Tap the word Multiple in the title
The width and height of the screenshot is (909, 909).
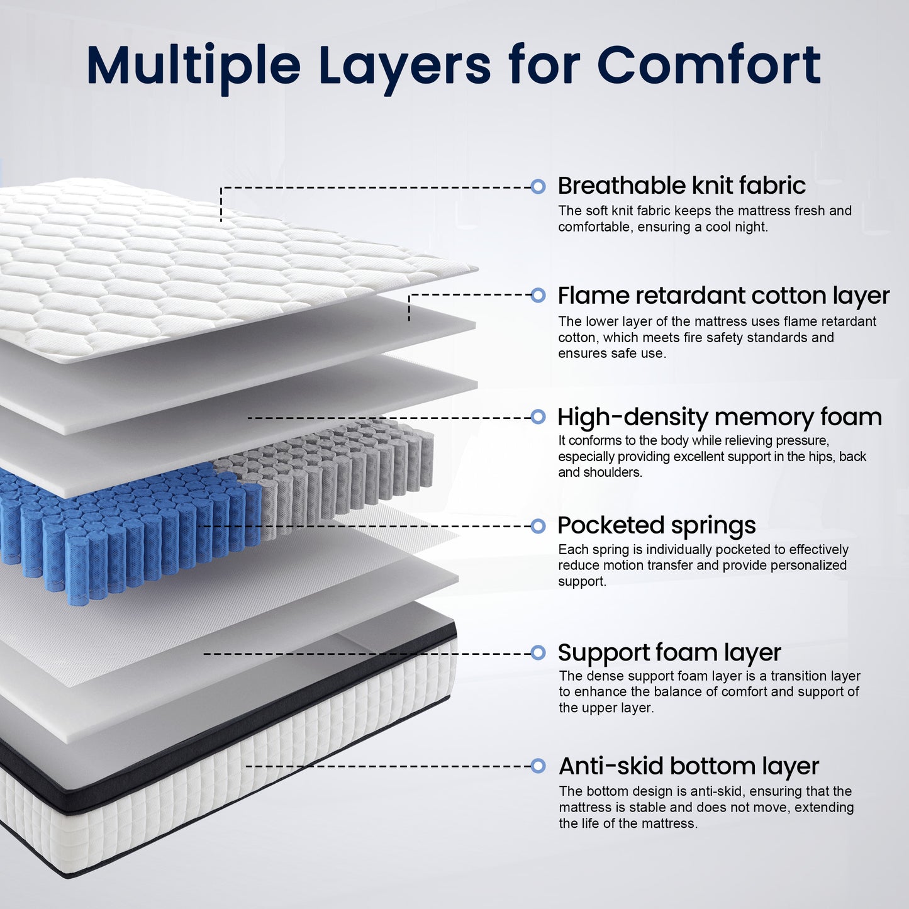tap(194, 65)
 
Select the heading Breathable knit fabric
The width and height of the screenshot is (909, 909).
tap(681, 186)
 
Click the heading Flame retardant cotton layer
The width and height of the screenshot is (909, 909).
tap(723, 296)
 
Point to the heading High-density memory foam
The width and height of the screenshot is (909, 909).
tap(720, 417)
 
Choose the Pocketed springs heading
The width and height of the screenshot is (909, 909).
tap(657, 525)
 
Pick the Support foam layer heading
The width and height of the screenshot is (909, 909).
tap(669, 653)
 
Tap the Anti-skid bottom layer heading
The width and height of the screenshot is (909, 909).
tap(689, 766)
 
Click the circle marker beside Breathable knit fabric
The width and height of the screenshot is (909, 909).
tap(538, 186)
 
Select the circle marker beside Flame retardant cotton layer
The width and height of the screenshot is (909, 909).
tap(538, 294)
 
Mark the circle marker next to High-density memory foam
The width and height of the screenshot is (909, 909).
tap(538, 416)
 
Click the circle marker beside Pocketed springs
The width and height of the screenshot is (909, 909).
tap(538, 526)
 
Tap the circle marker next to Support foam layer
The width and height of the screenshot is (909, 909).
tap(538, 653)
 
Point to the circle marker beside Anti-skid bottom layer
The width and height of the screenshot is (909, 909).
tap(538, 766)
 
